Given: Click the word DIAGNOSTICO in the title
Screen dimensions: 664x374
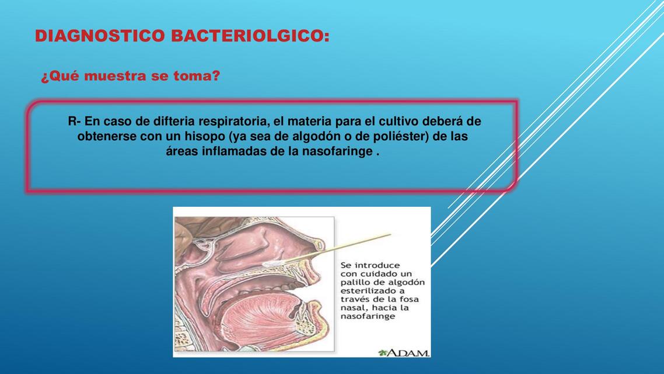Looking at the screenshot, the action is pyautogui.click(x=100, y=36).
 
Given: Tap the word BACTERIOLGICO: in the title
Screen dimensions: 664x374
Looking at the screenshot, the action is pyautogui.click(x=250, y=36).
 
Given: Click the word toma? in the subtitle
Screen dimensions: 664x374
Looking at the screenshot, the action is pyautogui.click(x=197, y=77).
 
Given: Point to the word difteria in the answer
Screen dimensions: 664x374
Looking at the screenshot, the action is pyautogui.click(x=174, y=122).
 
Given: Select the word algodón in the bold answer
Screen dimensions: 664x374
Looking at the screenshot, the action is pyautogui.click(x=321, y=137).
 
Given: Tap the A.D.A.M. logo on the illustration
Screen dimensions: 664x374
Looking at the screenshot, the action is pyautogui.click(x=404, y=353).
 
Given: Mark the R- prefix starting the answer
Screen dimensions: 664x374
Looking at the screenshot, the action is pyautogui.click(x=74, y=122).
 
